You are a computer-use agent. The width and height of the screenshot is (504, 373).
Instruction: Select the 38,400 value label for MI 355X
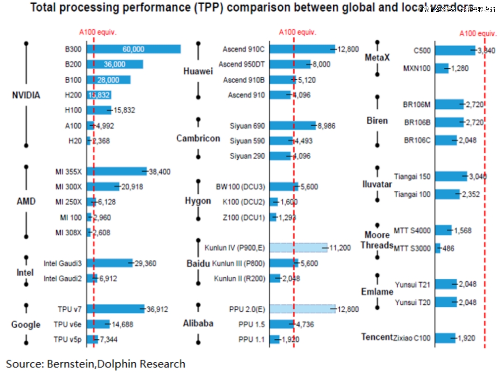160,172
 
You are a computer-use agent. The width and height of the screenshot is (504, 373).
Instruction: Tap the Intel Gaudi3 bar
110,263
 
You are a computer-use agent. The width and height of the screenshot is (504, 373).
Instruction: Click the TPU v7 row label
70,309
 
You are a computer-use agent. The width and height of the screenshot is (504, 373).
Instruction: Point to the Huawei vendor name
198,71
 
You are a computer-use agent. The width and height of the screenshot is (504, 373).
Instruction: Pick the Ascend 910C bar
302,49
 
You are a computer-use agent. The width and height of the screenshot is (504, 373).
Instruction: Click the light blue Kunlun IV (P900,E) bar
299,248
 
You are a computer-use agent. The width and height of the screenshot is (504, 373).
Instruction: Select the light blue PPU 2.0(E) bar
302,309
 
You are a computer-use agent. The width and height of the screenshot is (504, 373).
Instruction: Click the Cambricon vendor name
198,138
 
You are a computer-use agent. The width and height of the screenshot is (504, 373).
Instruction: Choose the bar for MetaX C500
455,50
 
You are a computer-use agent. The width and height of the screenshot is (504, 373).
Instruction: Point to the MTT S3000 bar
438,248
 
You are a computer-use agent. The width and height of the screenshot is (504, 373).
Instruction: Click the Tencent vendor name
377,337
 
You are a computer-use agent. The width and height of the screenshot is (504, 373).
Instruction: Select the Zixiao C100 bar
445,338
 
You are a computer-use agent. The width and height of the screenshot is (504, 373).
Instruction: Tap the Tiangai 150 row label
412,176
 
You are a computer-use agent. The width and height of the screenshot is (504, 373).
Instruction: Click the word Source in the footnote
23,364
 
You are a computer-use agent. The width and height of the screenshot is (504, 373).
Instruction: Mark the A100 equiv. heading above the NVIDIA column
98,32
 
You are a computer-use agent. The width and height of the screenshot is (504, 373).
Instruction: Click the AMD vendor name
26,202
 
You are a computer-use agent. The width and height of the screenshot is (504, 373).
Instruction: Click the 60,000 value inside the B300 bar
133,49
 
